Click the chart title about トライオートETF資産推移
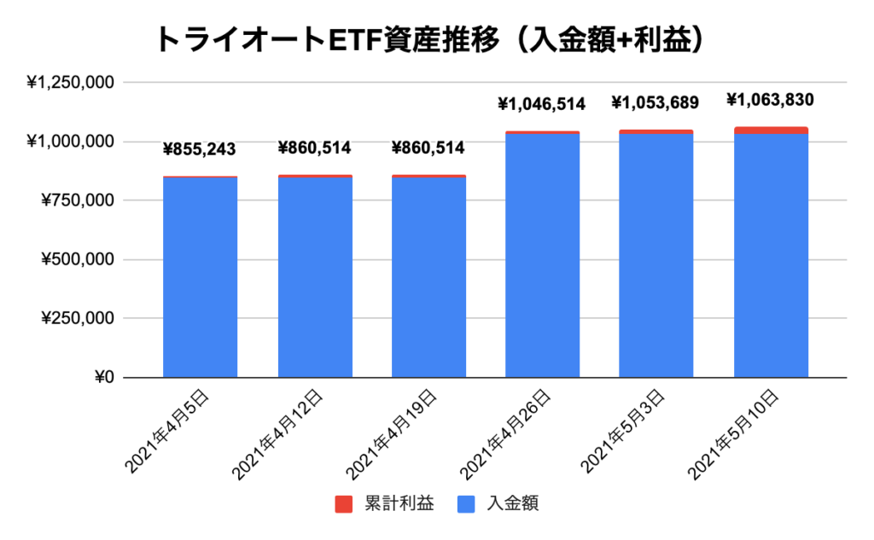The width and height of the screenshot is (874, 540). tap(436, 39)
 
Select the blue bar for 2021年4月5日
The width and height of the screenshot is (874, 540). tap(200, 277)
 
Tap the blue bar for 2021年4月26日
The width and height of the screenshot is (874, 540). tap(542, 256)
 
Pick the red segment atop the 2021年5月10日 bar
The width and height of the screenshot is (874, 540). tap(770, 131)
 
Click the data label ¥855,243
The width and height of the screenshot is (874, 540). tap(200, 150)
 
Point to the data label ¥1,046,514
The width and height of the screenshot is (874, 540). tap(542, 104)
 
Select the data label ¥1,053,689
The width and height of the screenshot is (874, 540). tap(655, 103)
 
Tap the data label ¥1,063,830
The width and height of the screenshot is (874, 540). tap(770, 100)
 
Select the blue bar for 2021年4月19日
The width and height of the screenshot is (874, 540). tap(428, 277)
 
